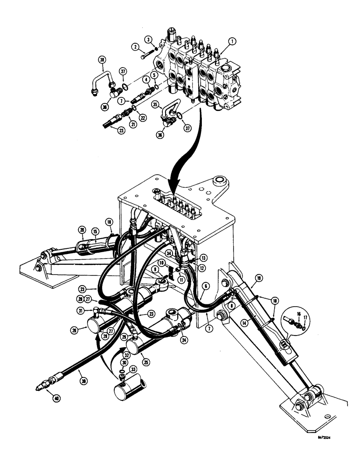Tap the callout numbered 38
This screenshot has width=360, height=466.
pos(102,59)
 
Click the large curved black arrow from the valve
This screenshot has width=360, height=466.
pos(184,154)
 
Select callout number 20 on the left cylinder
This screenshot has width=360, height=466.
pos(82,229)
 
